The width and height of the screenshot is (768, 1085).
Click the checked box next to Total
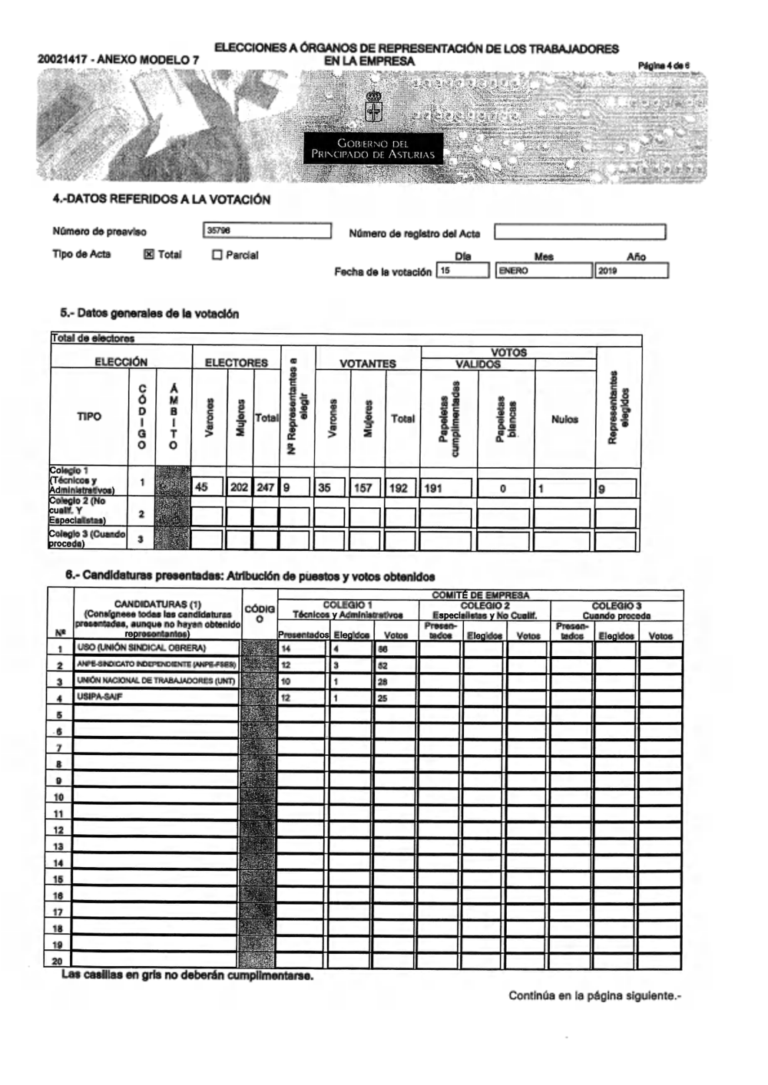click(149, 255)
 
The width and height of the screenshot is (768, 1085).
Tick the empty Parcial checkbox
click(217, 255)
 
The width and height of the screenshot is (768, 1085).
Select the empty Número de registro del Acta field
click(579, 232)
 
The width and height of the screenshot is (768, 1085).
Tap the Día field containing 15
click(462, 270)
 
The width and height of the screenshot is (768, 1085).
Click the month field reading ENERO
click(544, 270)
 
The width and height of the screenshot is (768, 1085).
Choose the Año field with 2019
click(631, 270)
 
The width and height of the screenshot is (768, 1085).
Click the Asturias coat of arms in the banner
click(373, 107)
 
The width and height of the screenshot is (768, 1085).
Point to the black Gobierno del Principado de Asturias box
click(373, 149)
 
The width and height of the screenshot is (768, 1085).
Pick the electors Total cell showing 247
click(266, 487)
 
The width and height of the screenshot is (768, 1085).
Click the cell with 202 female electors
click(239, 487)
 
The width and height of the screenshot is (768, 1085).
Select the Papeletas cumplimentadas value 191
click(446, 487)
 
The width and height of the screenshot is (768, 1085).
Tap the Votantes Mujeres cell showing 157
click(366, 487)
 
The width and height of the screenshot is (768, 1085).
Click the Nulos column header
click(564, 419)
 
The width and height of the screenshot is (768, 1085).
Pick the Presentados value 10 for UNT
click(302, 681)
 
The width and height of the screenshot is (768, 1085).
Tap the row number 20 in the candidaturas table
click(58, 961)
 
